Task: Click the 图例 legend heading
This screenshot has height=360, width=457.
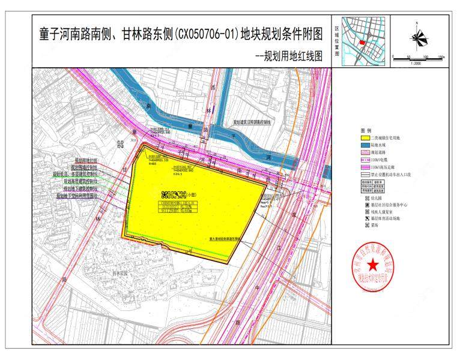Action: click(x=366, y=130)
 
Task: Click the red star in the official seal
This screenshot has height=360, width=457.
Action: click(x=373, y=265)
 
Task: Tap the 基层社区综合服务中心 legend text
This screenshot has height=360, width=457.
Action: click(x=391, y=205)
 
